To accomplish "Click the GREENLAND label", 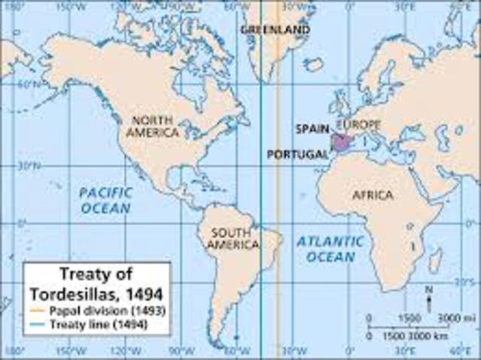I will click(275, 29).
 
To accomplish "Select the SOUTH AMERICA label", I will click(234, 238).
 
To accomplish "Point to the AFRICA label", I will click(373, 195).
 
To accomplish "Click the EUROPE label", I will click(358, 125).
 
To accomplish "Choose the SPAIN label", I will click(312, 129).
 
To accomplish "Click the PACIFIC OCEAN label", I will click(106, 200).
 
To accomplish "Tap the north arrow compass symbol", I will click(428, 298).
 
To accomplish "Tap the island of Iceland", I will click(314, 65).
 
